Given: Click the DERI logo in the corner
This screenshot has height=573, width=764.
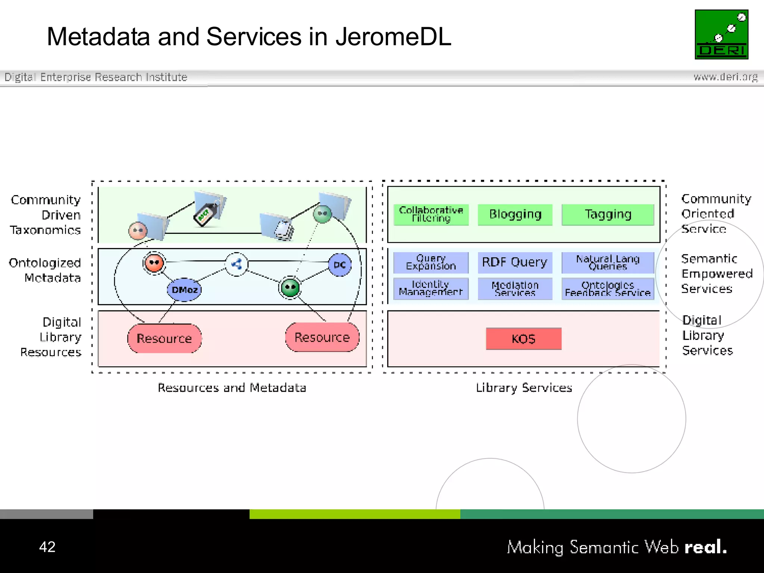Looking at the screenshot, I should pyautogui.click(x=721, y=34).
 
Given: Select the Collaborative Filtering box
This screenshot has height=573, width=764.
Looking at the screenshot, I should pyautogui.click(x=431, y=215).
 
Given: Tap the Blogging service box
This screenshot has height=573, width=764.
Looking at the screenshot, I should pyautogui.click(x=515, y=215).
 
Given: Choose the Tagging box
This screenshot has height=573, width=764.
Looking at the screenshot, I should pyautogui.click(x=608, y=215).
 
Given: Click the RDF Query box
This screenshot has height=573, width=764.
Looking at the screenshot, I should pyautogui.click(x=515, y=262).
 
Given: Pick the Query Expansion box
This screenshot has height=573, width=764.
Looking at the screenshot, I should pyautogui.click(x=431, y=262).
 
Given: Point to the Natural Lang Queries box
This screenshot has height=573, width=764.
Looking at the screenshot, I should pyautogui.click(x=608, y=262).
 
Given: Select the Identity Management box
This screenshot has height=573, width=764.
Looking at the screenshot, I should pyautogui.click(x=431, y=288).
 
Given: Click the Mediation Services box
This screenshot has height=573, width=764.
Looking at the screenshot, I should pyautogui.click(x=515, y=288).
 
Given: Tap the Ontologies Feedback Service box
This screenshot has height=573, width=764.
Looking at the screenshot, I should pyautogui.click(x=608, y=289).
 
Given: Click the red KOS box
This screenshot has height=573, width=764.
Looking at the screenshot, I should pyautogui.click(x=523, y=339).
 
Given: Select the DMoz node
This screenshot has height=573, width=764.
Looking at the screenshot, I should pyautogui.click(x=184, y=289).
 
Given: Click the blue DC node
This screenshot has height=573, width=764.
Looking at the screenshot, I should pyautogui.click(x=339, y=265).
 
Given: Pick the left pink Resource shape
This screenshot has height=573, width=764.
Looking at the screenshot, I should pyautogui.click(x=164, y=338).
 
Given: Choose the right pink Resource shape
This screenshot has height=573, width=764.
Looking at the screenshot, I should pyautogui.click(x=322, y=337).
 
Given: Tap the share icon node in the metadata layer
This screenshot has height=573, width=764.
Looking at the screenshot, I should pyautogui.click(x=237, y=264).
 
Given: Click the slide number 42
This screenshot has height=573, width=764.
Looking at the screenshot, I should pyautogui.click(x=47, y=547).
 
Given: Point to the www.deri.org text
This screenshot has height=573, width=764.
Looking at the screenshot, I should pyautogui.click(x=725, y=77).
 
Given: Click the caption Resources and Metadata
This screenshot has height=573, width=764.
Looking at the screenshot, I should pyautogui.click(x=232, y=388).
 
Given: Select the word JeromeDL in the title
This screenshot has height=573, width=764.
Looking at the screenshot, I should pyautogui.click(x=393, y=37).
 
